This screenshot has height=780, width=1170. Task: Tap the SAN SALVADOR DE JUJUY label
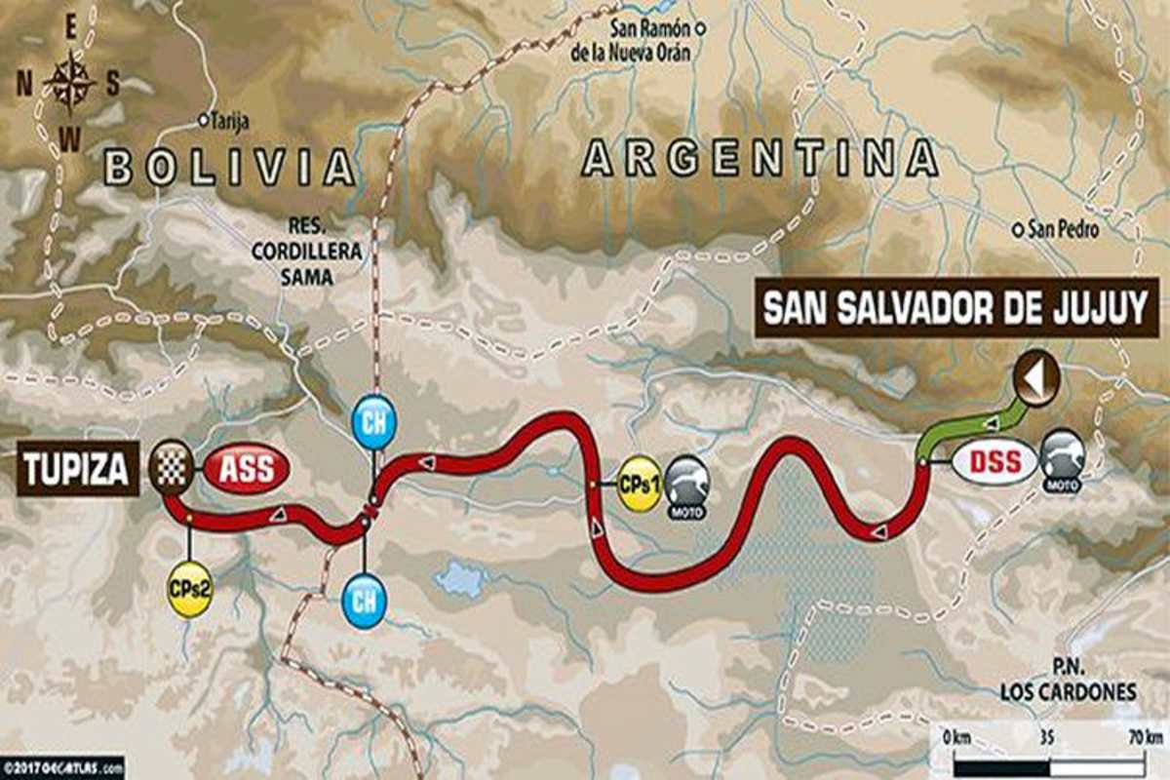point(956,309)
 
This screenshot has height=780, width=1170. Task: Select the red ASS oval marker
point(247,469)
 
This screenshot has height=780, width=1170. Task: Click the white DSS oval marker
point(994,461)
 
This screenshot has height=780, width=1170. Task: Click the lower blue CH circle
point(364,600)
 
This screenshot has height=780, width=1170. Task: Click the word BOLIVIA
point(229,166)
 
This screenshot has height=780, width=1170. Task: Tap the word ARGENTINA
point(759,158)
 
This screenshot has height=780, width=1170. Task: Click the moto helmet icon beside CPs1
point(685,481)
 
